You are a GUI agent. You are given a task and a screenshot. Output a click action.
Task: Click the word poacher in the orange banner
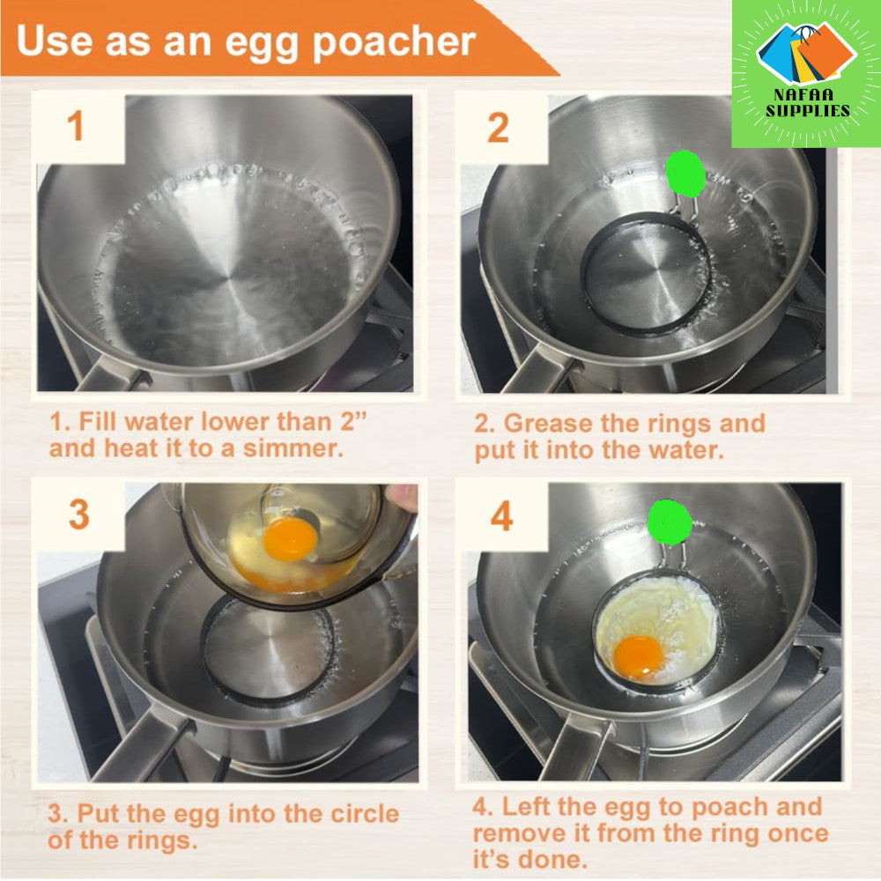pos(394,43)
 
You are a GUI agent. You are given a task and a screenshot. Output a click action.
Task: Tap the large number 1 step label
pos(76,126)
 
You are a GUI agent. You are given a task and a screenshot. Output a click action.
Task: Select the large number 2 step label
pos(499,128)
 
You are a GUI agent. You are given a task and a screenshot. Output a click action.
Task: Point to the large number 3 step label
pos(79,515)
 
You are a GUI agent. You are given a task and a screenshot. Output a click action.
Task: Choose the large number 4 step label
pos(502,516)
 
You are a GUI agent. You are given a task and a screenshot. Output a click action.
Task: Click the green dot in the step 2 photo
pos(685,174)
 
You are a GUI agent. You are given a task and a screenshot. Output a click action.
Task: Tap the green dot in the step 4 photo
pos(670,522)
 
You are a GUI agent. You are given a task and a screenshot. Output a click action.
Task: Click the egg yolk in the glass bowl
pos(290,539)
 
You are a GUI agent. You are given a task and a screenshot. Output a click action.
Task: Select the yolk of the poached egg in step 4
pos(639,657)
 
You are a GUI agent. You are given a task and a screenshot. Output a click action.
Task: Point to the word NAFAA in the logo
pos(803,94)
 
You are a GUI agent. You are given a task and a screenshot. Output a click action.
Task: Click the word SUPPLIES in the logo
pos(808,111)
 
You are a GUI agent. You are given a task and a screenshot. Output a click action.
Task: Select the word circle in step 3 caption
pos(365,813)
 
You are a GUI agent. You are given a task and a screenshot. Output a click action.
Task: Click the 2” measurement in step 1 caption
pos(353,421)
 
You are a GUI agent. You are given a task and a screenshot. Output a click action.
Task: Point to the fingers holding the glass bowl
pos(402,498)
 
